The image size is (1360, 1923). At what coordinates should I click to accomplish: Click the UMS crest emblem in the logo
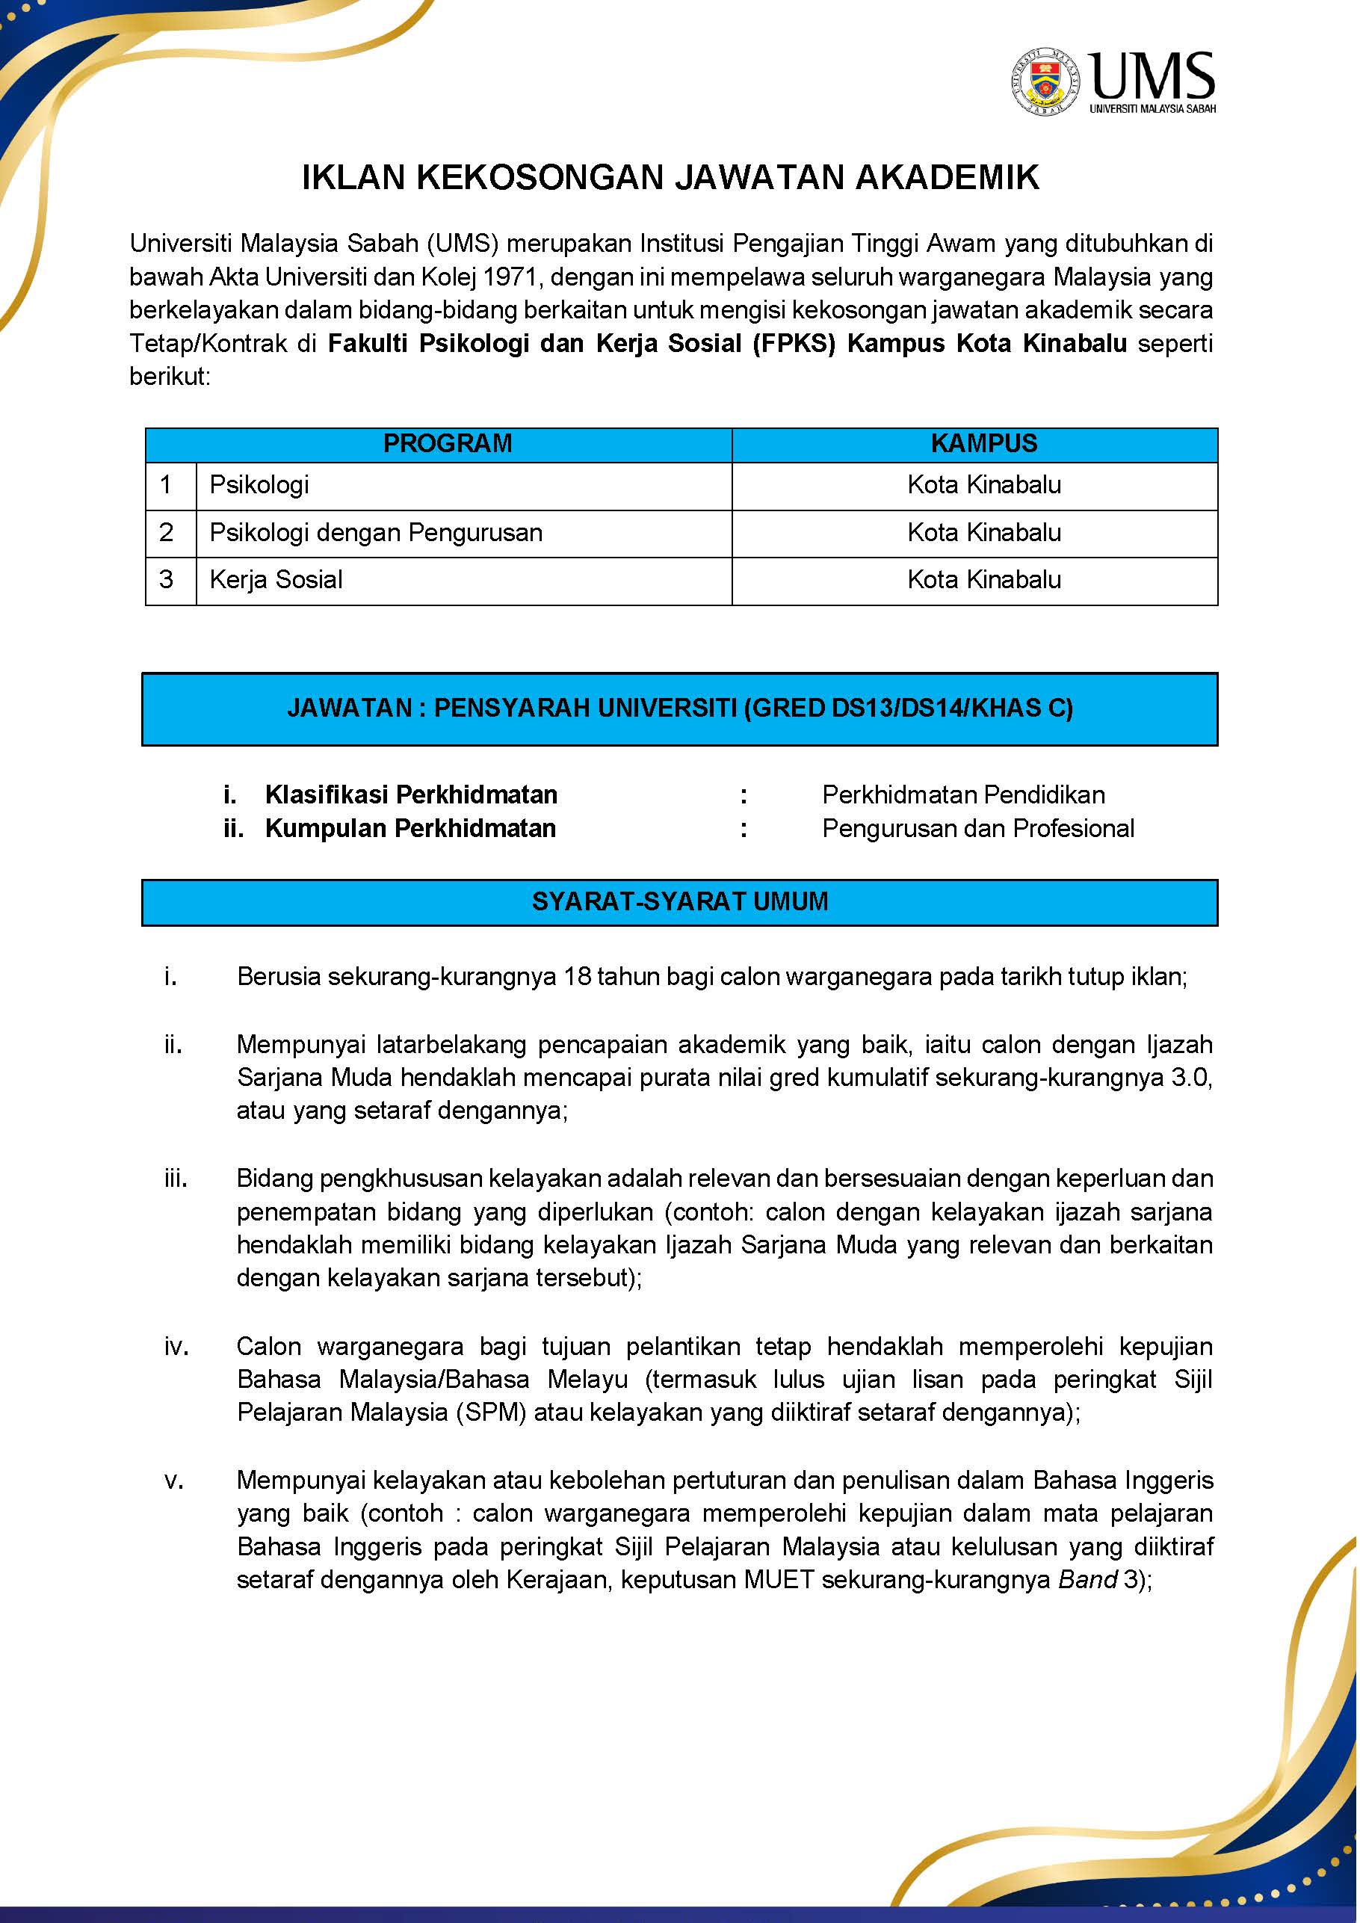1045,81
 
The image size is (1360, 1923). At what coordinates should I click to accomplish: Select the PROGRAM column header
447,444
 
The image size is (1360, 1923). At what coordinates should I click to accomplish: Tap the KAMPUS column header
983,444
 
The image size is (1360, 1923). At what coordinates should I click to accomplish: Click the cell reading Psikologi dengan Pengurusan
376,533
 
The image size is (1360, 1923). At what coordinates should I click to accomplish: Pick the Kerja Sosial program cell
276,579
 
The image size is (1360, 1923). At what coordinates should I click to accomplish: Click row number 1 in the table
166,485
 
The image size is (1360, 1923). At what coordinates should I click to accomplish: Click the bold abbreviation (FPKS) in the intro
794,343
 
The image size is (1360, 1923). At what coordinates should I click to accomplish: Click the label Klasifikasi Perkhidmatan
411,794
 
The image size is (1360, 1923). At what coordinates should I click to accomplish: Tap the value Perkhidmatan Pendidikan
963,794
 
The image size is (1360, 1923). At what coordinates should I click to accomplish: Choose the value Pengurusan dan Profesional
977,828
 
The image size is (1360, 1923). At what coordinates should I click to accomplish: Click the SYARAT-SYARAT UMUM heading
679,902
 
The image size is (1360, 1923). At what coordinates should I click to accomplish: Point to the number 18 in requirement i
578,977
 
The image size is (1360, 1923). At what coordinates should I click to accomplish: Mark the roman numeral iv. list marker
176,1346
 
